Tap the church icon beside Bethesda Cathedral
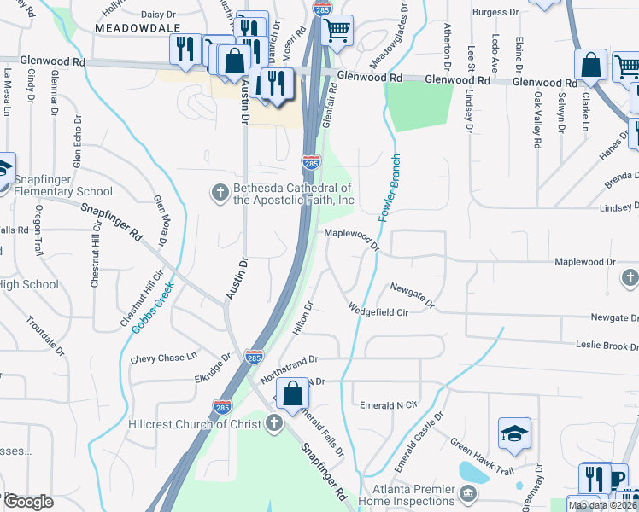(x=219, y=194)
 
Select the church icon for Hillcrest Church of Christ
(x=273, y=422)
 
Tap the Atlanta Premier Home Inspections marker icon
(x=467, y=493)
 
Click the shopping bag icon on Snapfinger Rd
(x=292, y=393)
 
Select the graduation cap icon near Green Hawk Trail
(x=515, y=433)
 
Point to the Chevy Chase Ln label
(x=163, y=358)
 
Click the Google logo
(x=28, y=502)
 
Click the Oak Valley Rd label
(x=537, y=119)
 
